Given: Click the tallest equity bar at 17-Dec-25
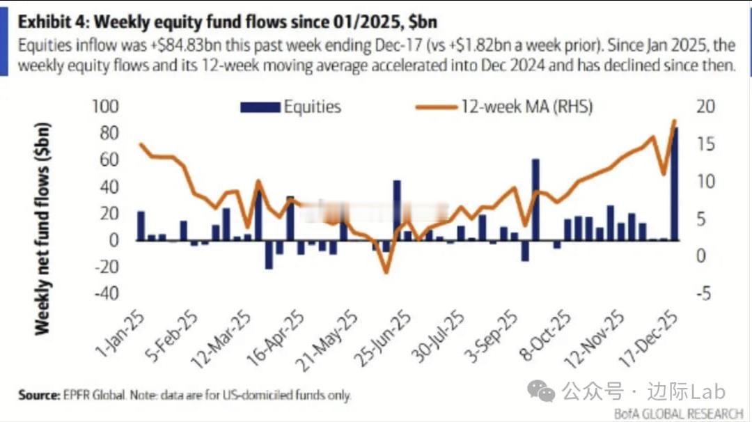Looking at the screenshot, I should point(674,184).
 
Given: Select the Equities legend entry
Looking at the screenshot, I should point(291,107).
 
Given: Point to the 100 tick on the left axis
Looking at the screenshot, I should point(107,107).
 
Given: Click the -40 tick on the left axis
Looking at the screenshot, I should point(107,293).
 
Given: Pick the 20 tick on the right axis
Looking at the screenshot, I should point(705,107).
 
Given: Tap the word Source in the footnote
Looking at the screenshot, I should point(39,395).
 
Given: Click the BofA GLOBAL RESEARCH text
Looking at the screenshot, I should point(678,414).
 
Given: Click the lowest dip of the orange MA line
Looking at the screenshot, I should point(386,271).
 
